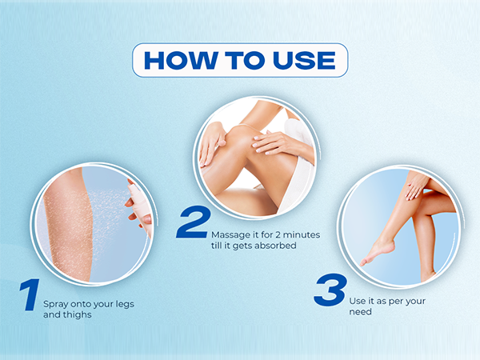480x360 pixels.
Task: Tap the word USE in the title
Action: tap(304, 60)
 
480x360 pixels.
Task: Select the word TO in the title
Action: tap(245, 60)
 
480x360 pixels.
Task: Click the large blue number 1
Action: tap(30, 294)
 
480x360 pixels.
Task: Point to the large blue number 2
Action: tap(194, 222)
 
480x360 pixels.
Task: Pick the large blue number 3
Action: tap(330, 290)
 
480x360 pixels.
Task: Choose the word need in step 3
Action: tap(360, 312)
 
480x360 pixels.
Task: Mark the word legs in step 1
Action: tap(125, 304)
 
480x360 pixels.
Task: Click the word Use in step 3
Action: tap(357, 301)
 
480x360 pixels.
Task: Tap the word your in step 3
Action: tap(416, 302)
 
